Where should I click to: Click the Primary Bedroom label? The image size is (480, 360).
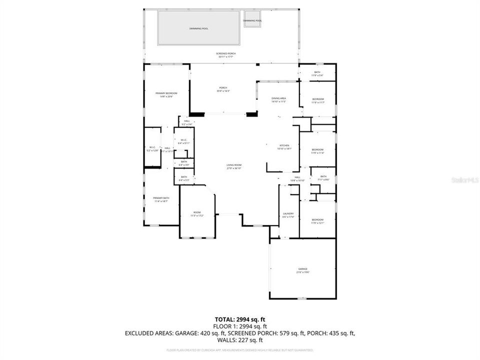coord(166,94)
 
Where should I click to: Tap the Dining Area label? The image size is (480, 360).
coord(278,99)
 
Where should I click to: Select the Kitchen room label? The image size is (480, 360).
coord(284,146)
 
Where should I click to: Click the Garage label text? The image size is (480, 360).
coord(303,270)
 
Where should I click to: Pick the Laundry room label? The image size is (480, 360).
coord(288,215)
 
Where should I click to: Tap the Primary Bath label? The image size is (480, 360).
coord(161,199)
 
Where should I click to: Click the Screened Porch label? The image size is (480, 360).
coord(226,54)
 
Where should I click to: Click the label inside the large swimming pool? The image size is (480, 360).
coord(198,28)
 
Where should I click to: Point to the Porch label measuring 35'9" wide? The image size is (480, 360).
coord(222,89)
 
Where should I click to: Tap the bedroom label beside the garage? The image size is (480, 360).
coord(317,221)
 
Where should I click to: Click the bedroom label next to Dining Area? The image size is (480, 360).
coord(318,100)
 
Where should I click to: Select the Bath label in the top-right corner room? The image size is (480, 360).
coord(317,73)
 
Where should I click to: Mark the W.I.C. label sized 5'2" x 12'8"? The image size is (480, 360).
coord(152,148)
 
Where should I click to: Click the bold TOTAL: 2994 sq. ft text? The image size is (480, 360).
coord(239,318)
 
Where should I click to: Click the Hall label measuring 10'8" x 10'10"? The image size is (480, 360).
coord(297,178)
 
